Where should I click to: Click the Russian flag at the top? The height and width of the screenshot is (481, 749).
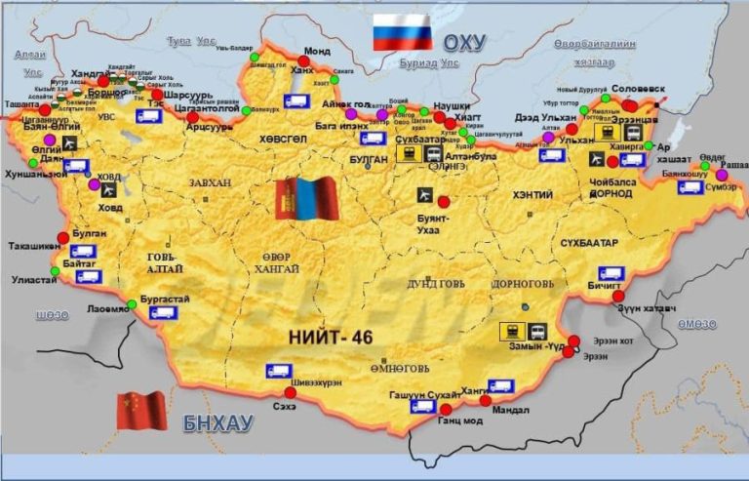click(402, 32)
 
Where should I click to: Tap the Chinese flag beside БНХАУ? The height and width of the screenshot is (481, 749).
click(141, 411)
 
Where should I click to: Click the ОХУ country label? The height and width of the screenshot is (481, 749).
click(465, 42)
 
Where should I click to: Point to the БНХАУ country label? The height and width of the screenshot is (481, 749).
click(217, 422)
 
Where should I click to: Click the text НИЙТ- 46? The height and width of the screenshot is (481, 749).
click(332, 337)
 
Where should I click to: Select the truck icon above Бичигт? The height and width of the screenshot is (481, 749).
click(611, 274)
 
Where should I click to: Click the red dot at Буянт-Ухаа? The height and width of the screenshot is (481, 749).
click(445, 201)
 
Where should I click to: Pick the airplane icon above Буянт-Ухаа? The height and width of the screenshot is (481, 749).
click(422, 194)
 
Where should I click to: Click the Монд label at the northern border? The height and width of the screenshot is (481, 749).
click(317, 52)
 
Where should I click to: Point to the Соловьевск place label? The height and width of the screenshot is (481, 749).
click(638, 88)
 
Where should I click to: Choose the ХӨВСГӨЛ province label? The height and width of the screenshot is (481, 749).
click(284, 139)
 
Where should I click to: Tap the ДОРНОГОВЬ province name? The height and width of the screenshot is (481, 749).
click(531, 286)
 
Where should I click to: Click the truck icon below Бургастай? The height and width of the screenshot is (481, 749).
click(163, 313)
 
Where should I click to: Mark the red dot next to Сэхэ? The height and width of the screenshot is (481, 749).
click(290, 392)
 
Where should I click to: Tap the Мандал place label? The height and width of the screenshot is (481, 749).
click(511, 411)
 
